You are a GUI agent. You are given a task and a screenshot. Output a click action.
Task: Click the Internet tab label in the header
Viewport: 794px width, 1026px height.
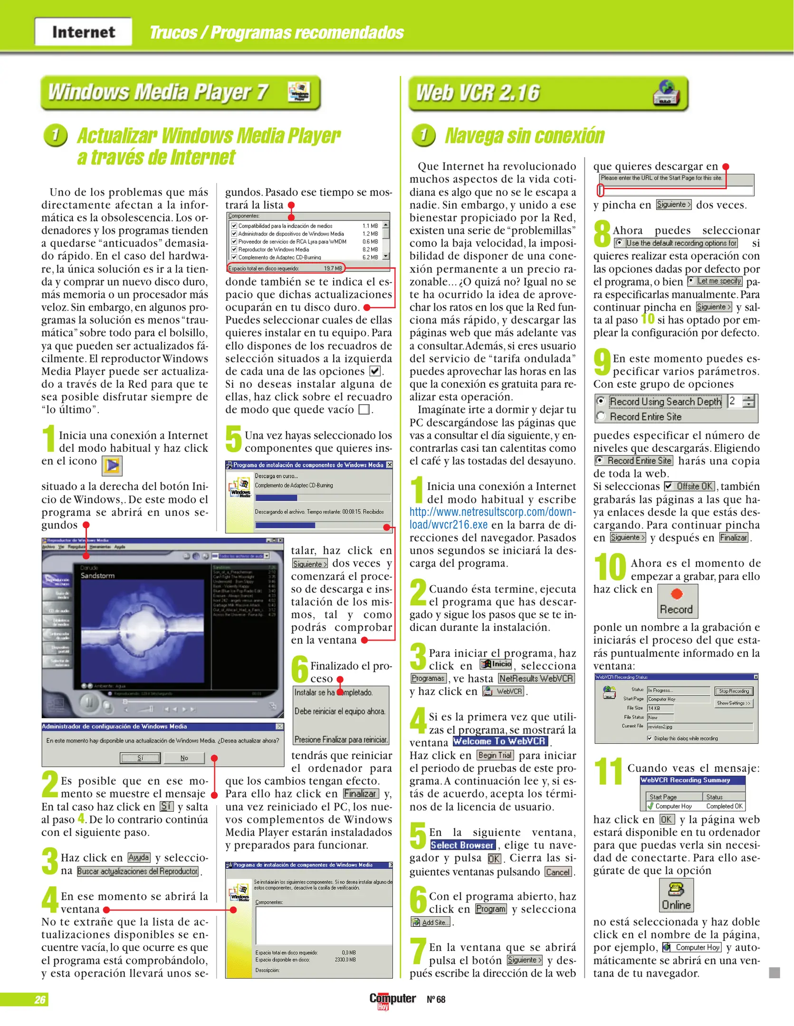pyautogui.click(x=84, y=32)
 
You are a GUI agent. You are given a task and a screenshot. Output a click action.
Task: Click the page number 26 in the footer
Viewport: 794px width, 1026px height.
pyautogui.click(x=40, y=999)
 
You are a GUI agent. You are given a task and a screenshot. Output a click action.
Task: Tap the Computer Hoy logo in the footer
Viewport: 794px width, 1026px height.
pyautogui.click(x=392, y=1000)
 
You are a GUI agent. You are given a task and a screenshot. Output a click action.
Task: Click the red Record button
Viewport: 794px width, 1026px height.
pyautogui.click(x=677, y=600)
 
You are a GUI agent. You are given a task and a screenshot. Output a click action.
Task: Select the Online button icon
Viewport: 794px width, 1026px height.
pyautogui.click(x=676, y=895)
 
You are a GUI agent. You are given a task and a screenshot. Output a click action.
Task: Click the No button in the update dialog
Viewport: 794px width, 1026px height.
pyautogui.click(x=184, y=758)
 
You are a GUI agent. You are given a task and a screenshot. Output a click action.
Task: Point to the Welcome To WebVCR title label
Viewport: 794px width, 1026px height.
pyautogui.click(x=500, y=741)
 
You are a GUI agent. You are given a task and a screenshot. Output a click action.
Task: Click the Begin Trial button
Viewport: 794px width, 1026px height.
pyautogui.click(x=495, y=755)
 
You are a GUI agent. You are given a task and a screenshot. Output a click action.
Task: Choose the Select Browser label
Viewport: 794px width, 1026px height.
pyautogui.click(x=462, y=845)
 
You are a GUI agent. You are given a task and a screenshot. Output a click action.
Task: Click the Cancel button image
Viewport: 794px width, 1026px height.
pyautogui.click(x=558, y=872)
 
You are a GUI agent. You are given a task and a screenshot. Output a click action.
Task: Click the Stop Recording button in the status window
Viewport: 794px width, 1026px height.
pyautogui.click(x=733, y=691)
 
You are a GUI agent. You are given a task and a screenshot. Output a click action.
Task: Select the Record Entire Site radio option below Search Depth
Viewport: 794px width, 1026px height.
pyautogui.click(x=601, y=417)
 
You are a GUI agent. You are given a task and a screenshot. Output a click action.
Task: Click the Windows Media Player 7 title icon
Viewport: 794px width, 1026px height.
pyautogui.click(x=299, y=92)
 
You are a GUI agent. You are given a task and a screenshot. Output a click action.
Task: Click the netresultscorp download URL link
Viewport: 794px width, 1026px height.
pyautogui.click(x=492, y=518)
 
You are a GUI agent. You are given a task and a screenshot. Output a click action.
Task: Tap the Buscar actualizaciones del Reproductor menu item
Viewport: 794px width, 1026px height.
pyautogui.click(x=138, y=871)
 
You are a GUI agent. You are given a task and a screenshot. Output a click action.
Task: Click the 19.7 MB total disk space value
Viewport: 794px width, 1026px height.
pyautogui.click(x=333, y=268)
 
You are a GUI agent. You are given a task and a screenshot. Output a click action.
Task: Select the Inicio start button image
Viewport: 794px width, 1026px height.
pyautogui.click(x=496, y=664)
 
